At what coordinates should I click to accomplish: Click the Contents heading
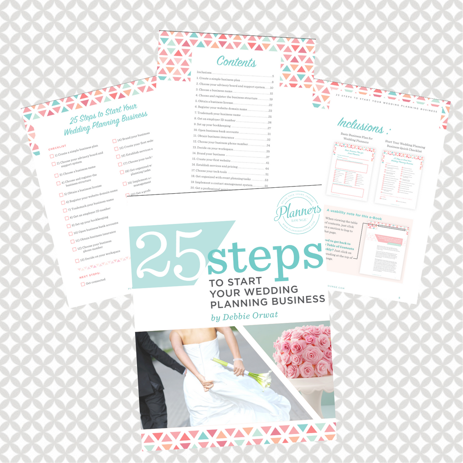click(x=236, y=62)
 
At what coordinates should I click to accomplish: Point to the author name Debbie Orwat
click(x=245, y=316)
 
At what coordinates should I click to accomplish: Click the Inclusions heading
click(x=361, y=125)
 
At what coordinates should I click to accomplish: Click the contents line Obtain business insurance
click(x=217, y=136)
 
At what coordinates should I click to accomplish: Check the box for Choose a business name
click(x=56, y=176)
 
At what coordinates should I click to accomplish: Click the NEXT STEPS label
click(x=90, y=275)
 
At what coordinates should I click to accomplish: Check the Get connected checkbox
click(x=83, y=285)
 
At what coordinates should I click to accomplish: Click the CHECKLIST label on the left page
click(x=57, y=147)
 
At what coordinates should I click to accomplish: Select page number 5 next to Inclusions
click(x=273, y=76)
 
